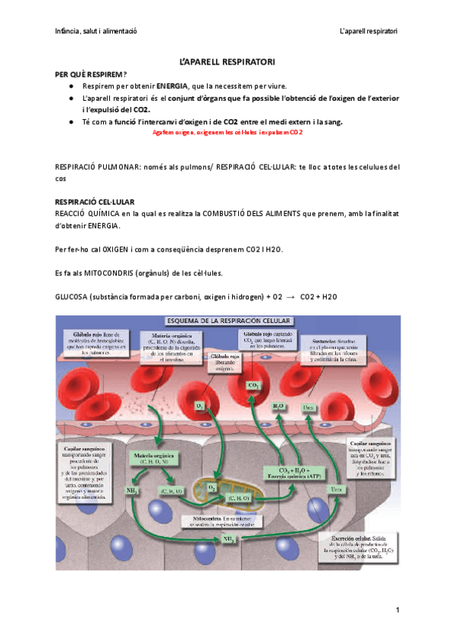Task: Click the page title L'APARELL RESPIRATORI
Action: [x=227, y=60]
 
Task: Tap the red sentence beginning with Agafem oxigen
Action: [x=227, y=132]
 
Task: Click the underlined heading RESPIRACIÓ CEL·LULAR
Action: [x=95, y=202]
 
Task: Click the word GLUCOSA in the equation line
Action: [x=71, y=296]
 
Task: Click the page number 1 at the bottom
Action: [x=397, y=611]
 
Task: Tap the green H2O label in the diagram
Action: [x=278, y=406]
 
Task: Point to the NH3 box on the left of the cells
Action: [x=131, y=491]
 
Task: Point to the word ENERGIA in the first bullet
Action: [x=173, y=86]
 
